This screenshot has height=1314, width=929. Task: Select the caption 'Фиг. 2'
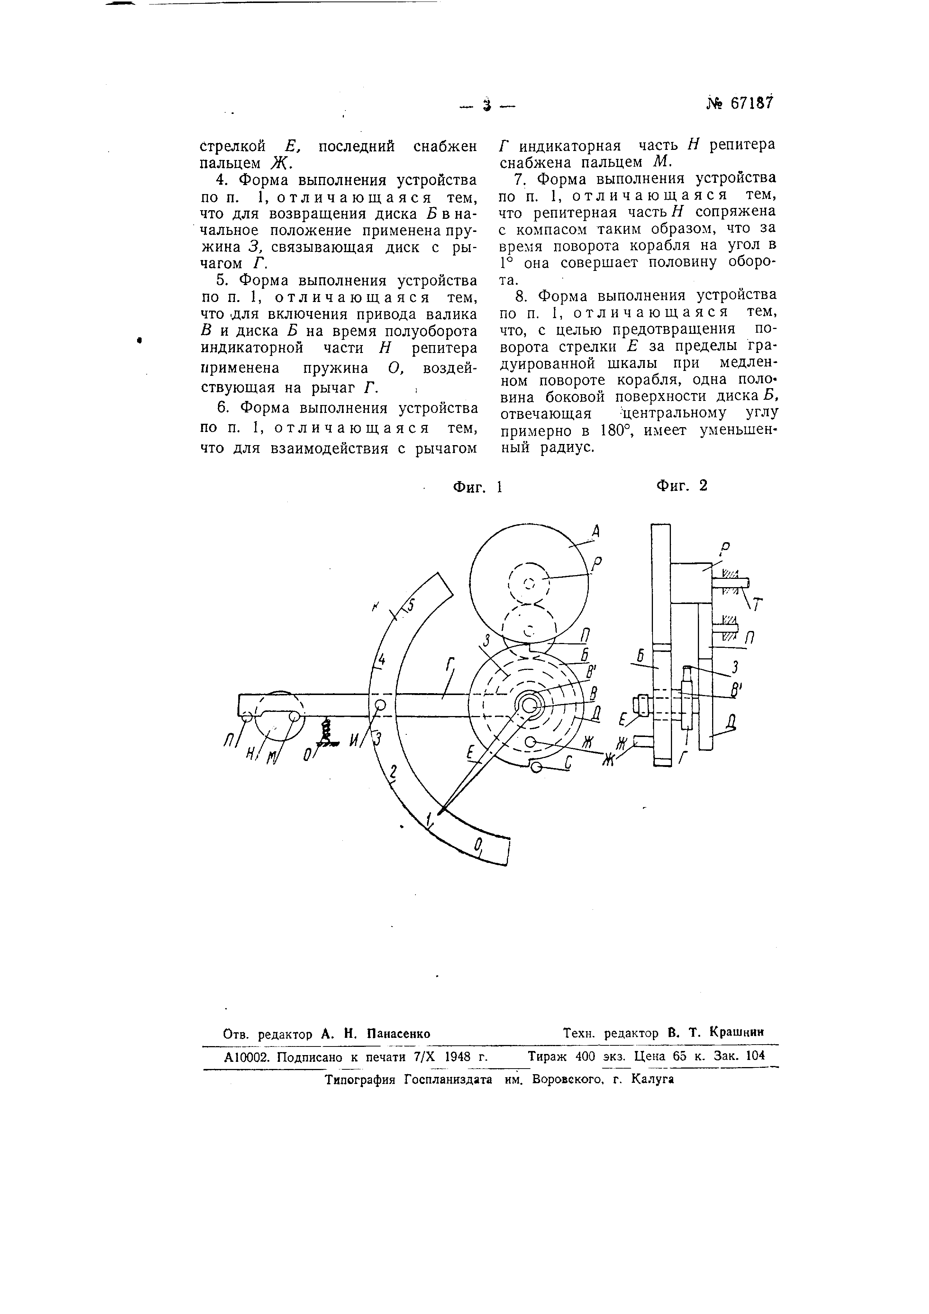coord(681,485)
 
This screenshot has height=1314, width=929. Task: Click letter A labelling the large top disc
coord(596,532)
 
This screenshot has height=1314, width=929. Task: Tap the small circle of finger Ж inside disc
coord(530,742)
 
